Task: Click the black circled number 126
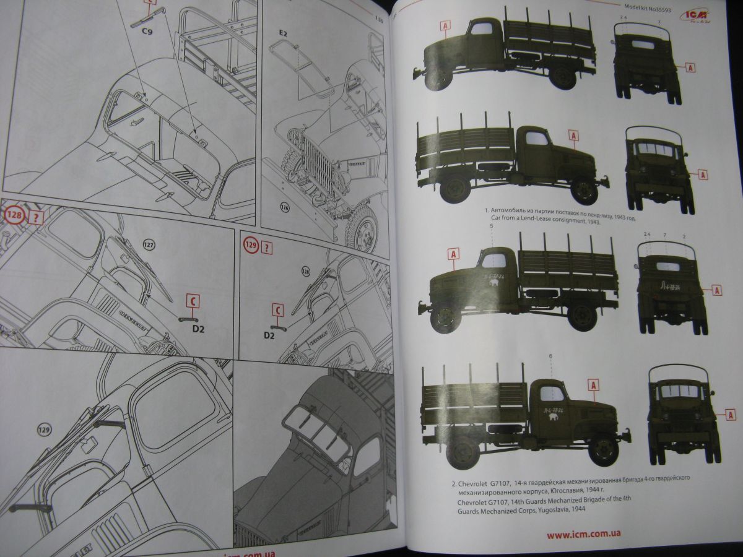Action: coord(284,206)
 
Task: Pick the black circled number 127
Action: coord(148,244)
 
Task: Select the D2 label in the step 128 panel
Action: coord(198,329)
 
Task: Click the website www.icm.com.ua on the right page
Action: coord(584,534)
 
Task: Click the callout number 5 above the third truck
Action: coord(491,227)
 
